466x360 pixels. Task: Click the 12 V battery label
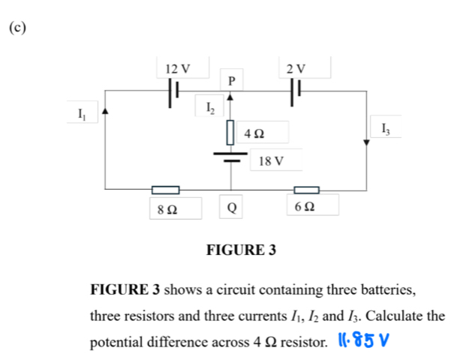(x=177, y=69)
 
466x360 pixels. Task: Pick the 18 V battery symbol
(x=230, y=156)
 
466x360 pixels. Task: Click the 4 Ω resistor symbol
(x=230, y=133)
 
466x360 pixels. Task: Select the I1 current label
(x=82, y=114)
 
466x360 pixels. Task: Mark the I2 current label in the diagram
(x=212, y=109)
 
